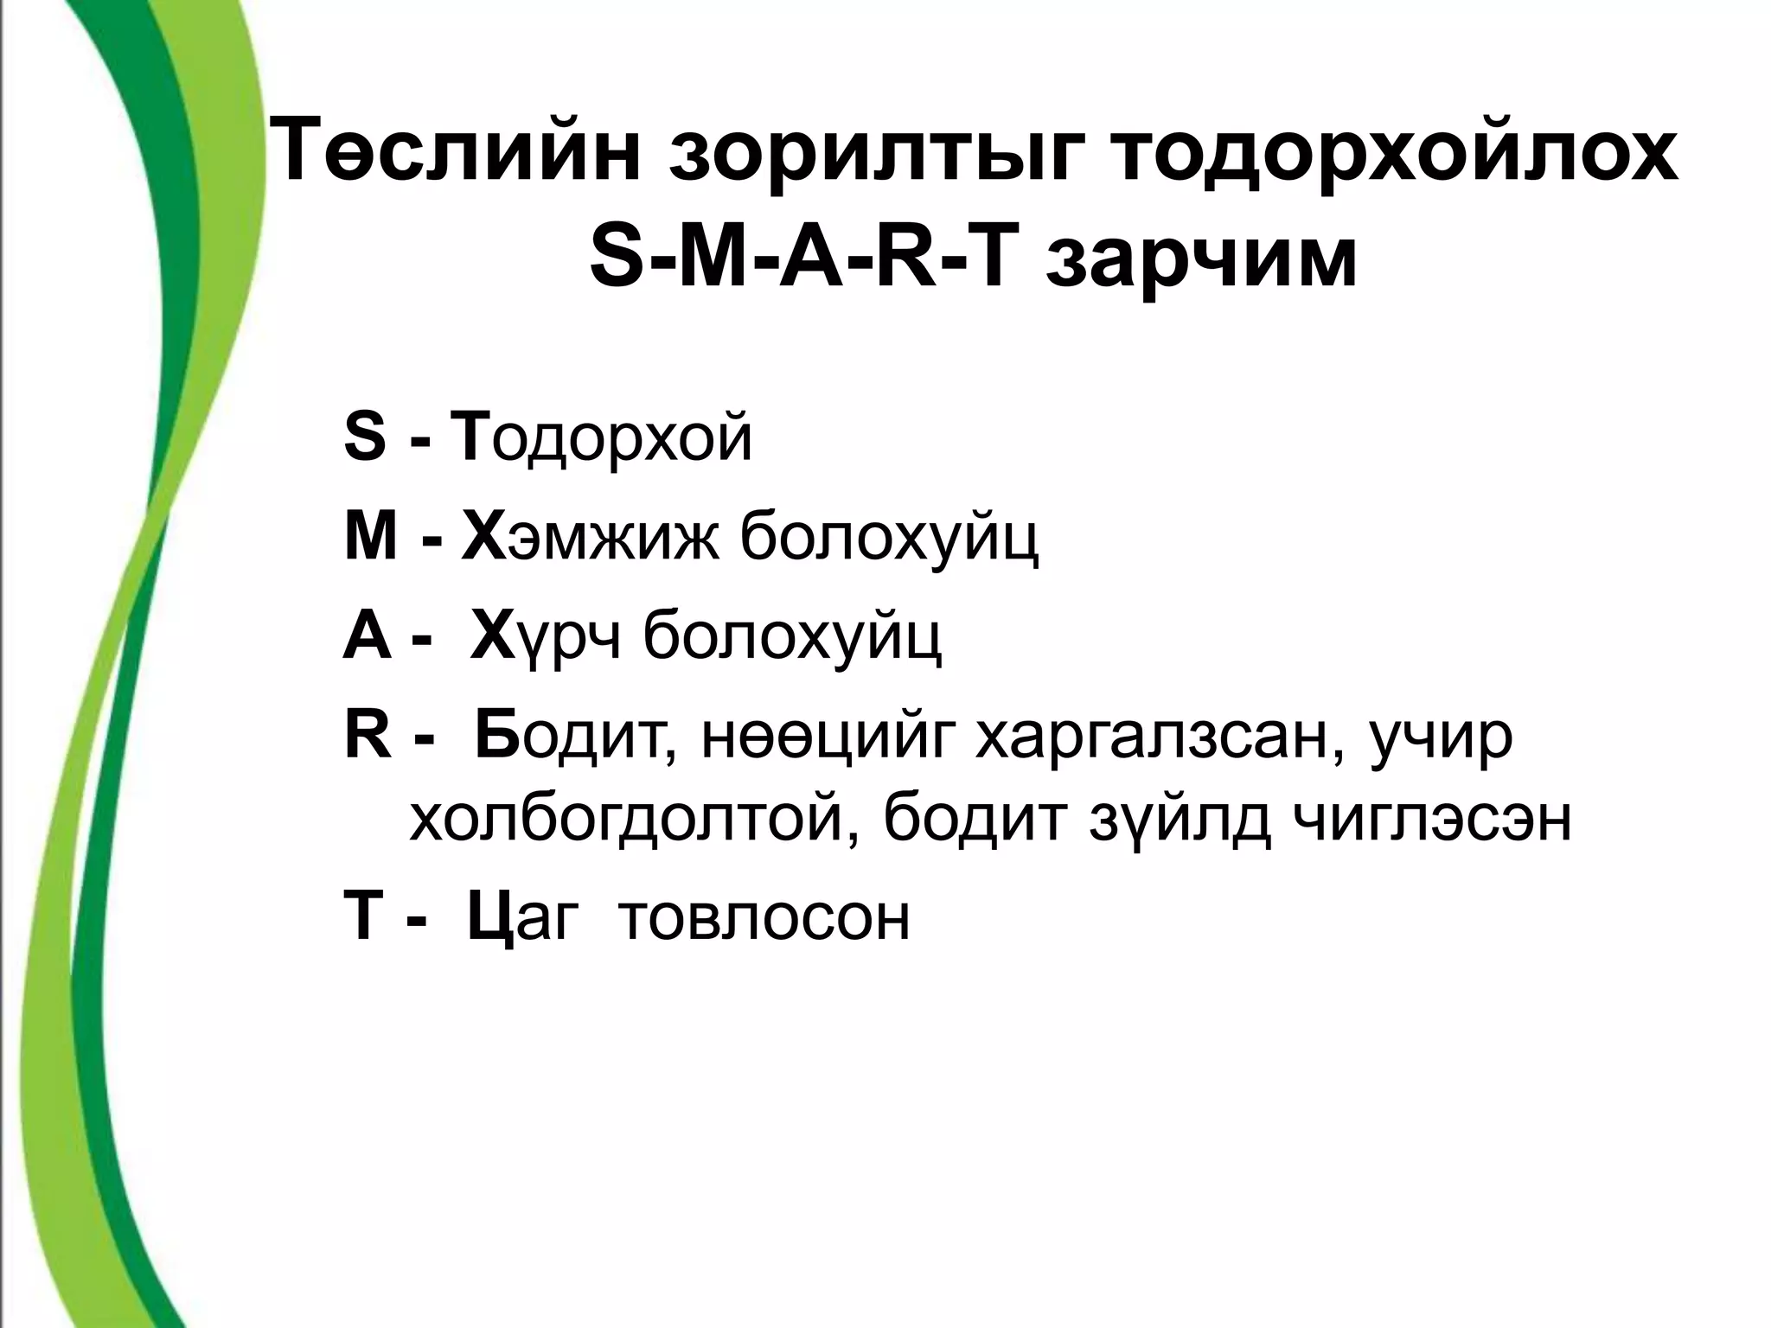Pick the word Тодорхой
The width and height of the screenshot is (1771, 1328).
pyautogui.click(x=605, y=439)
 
